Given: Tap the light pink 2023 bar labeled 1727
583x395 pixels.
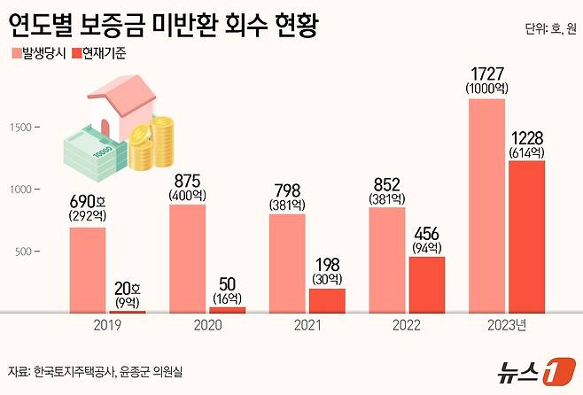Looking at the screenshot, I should coord(487,205).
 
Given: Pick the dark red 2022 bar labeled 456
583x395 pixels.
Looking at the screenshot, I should coord(426,283).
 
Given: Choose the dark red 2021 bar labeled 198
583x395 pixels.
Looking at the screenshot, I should coord(327,299).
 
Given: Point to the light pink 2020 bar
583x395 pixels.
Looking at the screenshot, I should coord(187,258).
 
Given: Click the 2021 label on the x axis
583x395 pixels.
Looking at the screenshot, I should coord(307,324).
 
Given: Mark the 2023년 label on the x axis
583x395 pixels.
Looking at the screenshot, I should coord(507,324).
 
